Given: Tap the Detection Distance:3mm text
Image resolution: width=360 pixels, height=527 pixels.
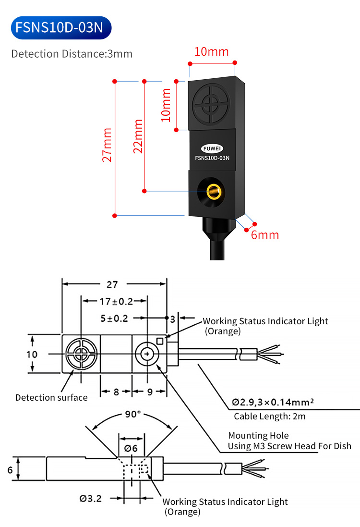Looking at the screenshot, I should [72, 53].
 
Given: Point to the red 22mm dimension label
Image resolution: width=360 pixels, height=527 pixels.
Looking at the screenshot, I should [138, 136].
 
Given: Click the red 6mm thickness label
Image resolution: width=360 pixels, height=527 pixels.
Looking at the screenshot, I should [265, 235].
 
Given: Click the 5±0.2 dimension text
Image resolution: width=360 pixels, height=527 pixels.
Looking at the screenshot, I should [114, 318].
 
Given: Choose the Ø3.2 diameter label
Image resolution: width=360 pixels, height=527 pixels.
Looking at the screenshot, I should [91, 498].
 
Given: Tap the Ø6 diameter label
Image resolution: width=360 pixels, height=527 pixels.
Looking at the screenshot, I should [131, 448].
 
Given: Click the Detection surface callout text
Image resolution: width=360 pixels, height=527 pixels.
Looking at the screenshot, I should [51, 397].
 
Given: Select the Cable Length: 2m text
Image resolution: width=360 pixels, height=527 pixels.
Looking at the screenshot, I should [269, 417].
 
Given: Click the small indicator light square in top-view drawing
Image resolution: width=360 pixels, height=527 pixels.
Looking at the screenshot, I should [160, 342].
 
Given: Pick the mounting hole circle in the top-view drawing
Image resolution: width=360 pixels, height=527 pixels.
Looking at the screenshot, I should [144, 355].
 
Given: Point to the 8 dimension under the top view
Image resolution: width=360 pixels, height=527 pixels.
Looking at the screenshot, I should [116, 392].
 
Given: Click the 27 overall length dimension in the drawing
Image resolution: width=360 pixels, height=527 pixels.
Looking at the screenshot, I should [112, 284].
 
